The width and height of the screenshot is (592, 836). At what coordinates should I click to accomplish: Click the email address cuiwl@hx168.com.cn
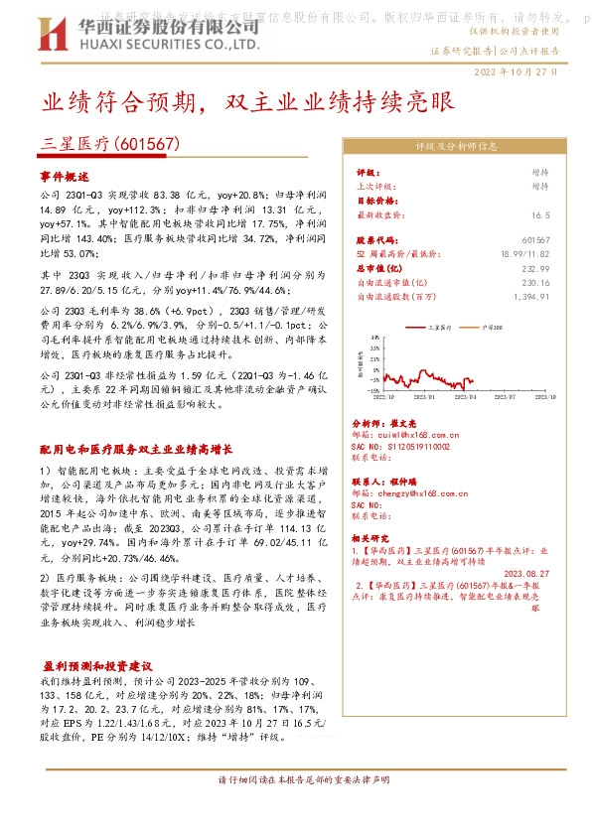[x=403, y=434]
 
